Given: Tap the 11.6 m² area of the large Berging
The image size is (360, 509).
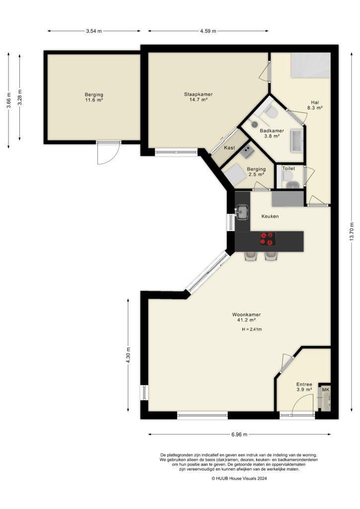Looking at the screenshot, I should click(93, 100).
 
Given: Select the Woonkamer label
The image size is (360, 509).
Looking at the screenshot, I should click(246, 315).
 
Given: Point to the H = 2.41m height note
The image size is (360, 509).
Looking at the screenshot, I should click(252, 330).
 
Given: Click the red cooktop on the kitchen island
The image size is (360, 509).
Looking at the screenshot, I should click(268, 239).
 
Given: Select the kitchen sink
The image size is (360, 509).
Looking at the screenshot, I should click(242, 212).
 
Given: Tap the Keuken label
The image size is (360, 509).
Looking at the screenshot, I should click(270, 217).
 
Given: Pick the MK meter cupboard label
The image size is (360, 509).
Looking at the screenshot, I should click(326, 390).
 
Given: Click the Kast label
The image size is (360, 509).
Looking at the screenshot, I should click(229, 148).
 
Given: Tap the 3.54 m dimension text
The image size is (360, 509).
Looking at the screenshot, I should click(93, 31).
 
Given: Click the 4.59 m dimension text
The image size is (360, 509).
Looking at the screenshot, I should click(208, 31).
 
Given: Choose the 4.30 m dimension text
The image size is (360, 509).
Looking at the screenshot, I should click(128, 356).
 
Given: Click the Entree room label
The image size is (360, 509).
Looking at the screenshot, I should click(304, 384).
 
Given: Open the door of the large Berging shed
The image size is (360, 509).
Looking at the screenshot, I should click(108, 153).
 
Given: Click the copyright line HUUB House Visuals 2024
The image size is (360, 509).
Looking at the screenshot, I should click(239, 479).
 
